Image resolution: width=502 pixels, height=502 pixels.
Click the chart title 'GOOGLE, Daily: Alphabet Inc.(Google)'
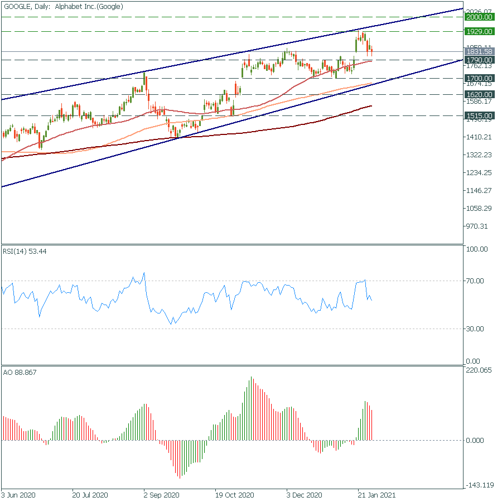[63, 6]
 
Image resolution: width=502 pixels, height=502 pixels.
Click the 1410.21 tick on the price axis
[480, 137]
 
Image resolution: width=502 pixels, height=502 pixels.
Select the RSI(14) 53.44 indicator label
[25, 252]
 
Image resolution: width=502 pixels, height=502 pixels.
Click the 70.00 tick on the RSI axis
[477, 281]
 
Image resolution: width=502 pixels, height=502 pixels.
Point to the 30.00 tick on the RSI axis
[477, 329]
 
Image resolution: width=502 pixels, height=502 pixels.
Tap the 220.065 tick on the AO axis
[480, 370]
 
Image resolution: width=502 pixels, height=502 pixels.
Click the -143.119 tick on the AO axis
[480, 485]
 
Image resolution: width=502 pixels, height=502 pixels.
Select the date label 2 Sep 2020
[161, 495]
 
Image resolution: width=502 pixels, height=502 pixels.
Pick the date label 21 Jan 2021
[376, 495]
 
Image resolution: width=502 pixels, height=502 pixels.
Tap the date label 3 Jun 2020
[19, 495]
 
